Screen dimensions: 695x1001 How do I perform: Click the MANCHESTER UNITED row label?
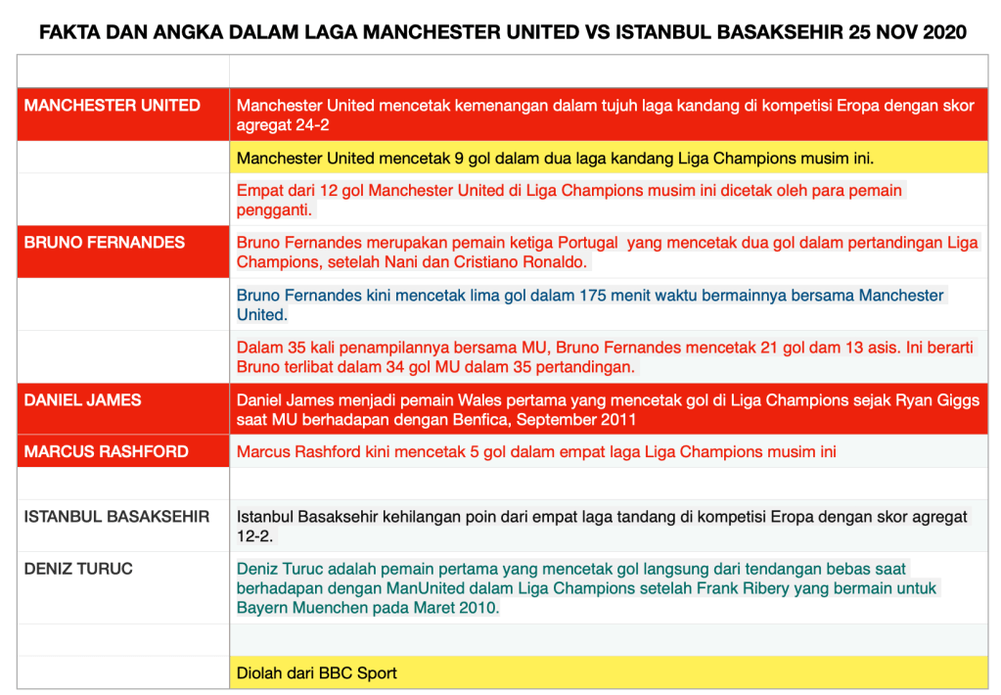point(113,106)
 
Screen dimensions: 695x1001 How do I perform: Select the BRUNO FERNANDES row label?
point(105,243)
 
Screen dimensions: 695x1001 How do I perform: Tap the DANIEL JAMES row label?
point(83,399)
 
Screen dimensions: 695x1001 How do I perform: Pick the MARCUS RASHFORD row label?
point(107,452)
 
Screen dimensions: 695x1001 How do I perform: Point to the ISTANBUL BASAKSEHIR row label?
point(116,516)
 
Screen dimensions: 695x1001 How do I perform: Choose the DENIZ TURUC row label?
point(78,569)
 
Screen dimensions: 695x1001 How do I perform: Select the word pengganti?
point(273,210)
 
